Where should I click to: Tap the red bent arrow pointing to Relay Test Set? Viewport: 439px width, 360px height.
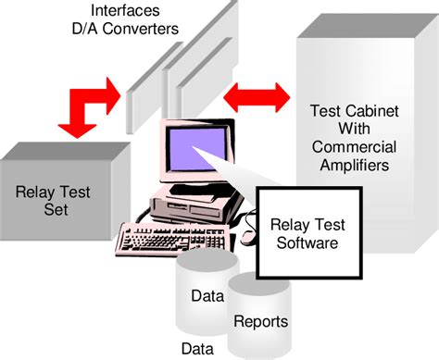pos(88,102)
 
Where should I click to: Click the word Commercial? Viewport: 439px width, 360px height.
pos(355,147)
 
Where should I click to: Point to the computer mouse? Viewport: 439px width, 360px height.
pos(247,238)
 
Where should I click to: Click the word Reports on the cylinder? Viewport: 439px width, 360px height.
pos(261,322)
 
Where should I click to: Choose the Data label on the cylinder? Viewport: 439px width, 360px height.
pos(207,297)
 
